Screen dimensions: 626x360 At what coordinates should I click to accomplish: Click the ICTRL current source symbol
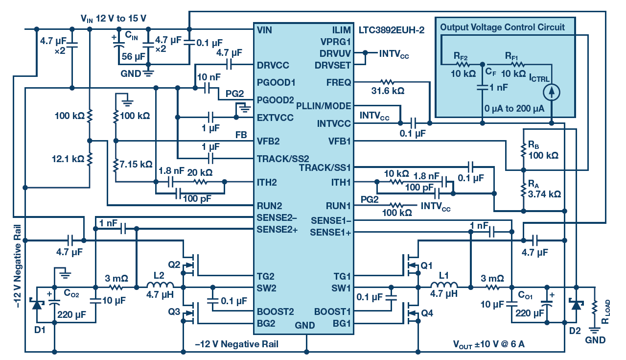(x=551, y=92)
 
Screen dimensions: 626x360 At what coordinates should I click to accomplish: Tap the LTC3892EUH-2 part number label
(x=392, y=30)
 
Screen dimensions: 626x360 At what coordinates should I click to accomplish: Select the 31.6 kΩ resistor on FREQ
(x=388, y=82)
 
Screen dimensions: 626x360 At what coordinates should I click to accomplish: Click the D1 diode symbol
(x=37, y=304)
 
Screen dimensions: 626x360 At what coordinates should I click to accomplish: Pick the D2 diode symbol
(x=576, y=304)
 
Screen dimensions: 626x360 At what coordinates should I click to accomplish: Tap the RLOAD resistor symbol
(x=595, y=307)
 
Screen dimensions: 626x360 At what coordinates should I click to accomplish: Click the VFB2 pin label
(x=268, y=141)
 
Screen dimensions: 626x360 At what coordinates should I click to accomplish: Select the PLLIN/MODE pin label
(x=324, y=106)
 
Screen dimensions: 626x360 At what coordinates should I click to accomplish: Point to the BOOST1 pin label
(x=332, y=312)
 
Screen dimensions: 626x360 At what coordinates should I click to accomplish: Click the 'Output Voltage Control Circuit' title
(x=502, y=27)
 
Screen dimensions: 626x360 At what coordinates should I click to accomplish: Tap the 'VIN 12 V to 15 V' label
(x=113, y=19)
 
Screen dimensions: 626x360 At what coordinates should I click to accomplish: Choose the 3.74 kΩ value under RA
(x=544, y=194)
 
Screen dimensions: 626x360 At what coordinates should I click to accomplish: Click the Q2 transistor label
(x=174, y=264)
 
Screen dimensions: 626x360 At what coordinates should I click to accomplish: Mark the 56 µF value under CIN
(x=133, y=56)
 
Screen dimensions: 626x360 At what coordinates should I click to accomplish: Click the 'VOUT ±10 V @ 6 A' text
(x=488, y=344)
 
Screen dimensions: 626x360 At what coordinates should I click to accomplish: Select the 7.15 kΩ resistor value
(x=136, y=164)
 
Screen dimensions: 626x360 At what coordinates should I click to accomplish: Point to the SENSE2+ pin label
(x=277, y=229)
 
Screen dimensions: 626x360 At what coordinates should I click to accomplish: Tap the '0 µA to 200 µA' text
(x=514, y=109)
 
